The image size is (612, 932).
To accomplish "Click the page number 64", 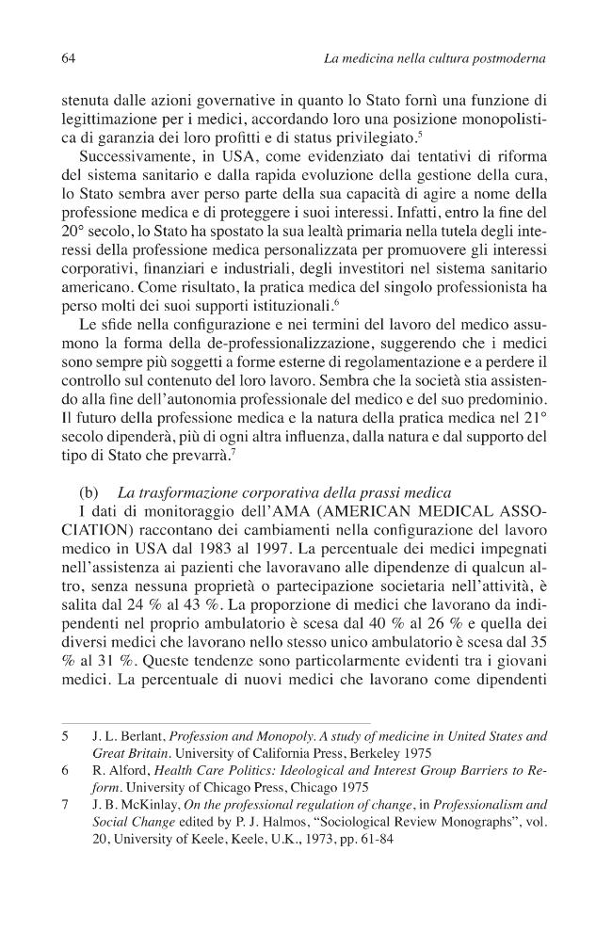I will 67,59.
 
